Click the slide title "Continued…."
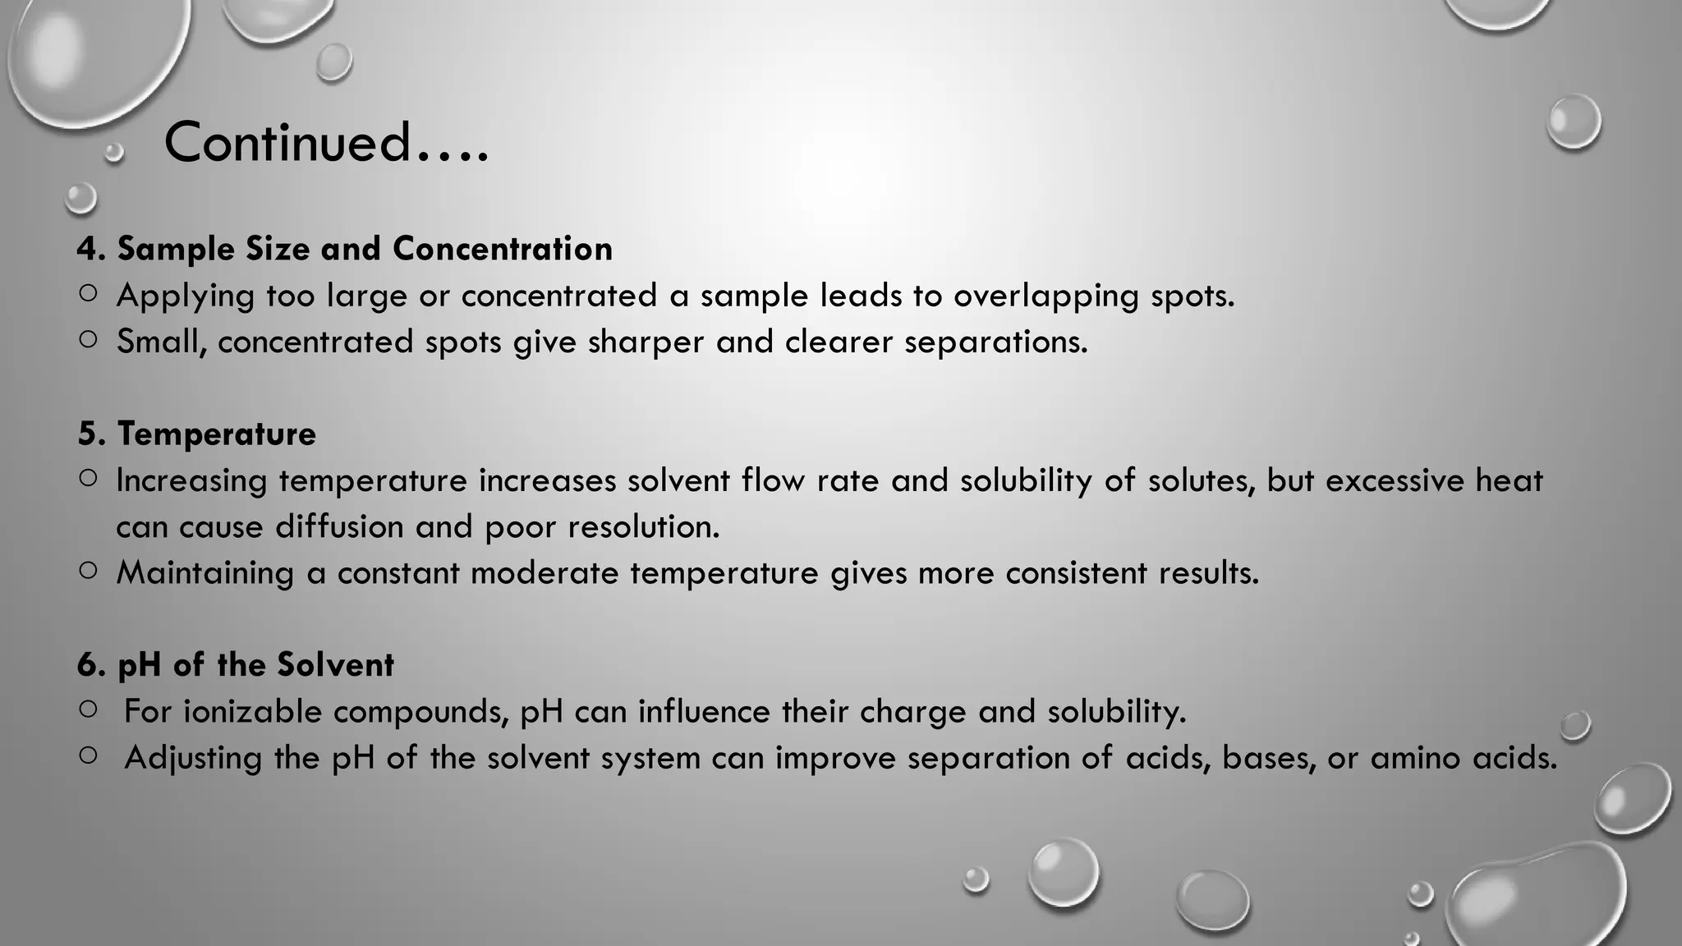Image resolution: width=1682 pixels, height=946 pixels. coord(326,142)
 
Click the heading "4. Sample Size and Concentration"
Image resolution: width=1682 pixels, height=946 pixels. coord(345,249)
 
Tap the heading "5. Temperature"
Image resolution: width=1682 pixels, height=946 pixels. coord(197,434)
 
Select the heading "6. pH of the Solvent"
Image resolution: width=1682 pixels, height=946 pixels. coord(236,664)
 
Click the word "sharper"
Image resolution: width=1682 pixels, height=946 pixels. coord(646,342)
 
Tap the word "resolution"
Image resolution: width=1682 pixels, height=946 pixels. coord(643,526)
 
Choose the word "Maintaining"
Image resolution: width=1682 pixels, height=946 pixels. coord(205,572)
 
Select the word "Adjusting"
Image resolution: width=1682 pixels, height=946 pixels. coord(194,758)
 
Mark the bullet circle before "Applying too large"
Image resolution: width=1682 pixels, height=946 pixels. coord(89,293)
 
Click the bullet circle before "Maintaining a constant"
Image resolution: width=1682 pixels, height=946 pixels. coord(89,570)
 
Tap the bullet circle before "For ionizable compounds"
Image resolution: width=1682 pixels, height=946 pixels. coord(89,709)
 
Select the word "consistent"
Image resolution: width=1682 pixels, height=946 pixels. coord(1076,572)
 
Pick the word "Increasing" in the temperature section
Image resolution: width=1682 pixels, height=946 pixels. coord(191,480)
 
